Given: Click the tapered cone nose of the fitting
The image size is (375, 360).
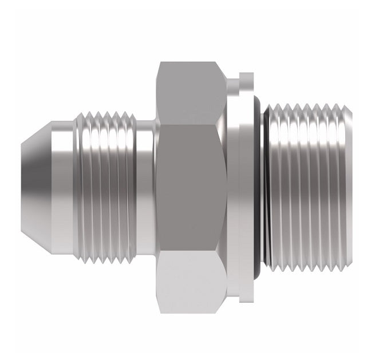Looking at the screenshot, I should [x=37, y=179].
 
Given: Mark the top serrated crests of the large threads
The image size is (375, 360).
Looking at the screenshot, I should [x=306, y=106].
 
